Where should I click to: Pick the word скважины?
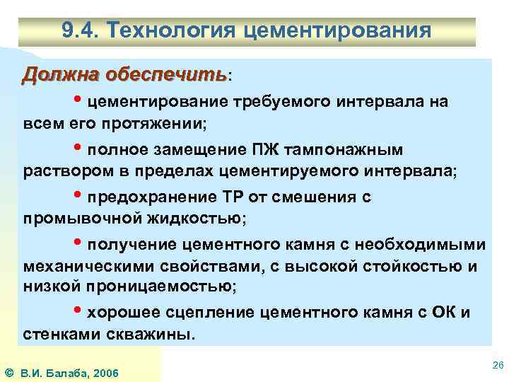[150, 334]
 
